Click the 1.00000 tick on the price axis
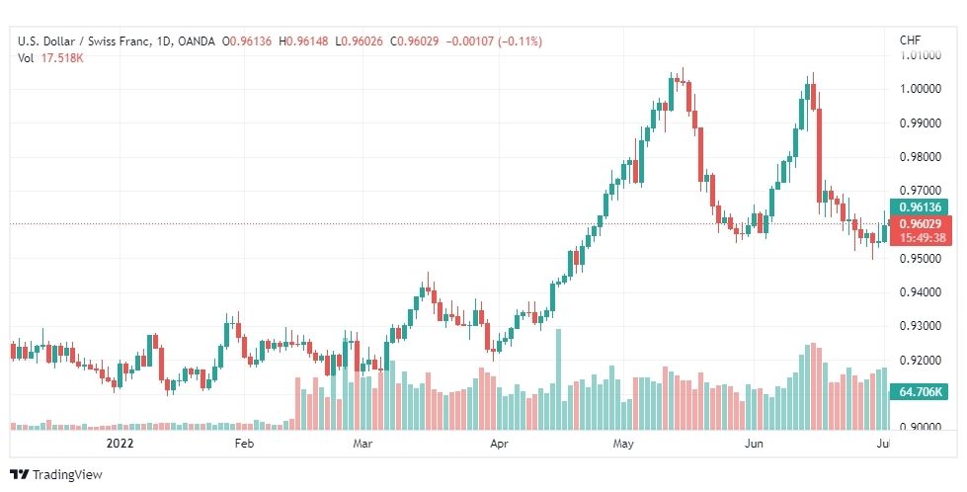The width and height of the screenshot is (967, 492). [x=921, y=89]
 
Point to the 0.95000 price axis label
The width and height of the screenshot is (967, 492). [x=921, y=258]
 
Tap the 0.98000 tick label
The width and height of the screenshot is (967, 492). [x=921, y=157]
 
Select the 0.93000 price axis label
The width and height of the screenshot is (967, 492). [x=921, y=326]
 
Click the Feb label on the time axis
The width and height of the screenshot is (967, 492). [x=244, y=444]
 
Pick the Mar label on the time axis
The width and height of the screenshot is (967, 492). [x=363, y=444]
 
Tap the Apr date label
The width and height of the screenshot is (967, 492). [x=499, y=444]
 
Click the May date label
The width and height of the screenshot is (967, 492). [x=623, y=444]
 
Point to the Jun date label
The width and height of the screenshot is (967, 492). [x=754, y=444]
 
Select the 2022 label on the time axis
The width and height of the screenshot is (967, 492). [x=120, y=444]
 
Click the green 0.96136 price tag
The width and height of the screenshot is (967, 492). [x=919, y=207]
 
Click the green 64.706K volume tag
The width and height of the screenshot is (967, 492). [x=919, y=391]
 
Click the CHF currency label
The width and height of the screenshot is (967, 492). [x=911, y=41]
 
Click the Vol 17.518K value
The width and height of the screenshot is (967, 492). [x=50, y=58]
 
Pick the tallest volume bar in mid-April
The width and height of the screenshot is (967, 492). [x=559, y=379]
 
